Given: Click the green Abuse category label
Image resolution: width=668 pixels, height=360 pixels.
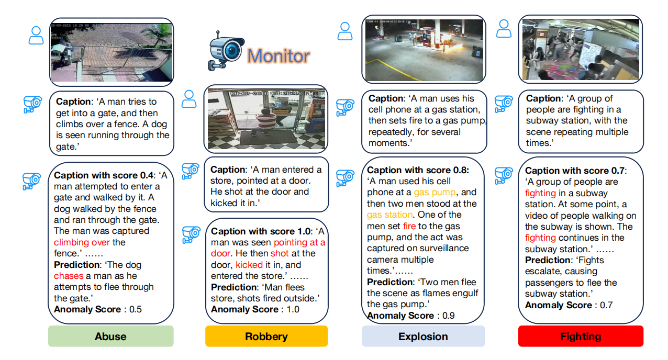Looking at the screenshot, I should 110,336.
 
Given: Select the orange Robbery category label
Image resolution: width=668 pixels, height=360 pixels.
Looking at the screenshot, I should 266,336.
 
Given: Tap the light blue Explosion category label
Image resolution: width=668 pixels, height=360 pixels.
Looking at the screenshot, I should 423,336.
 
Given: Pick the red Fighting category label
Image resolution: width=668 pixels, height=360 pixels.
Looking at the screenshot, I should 581,336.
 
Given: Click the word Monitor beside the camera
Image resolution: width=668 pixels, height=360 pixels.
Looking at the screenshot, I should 279,55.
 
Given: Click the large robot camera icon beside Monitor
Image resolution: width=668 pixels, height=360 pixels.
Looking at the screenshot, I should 224,50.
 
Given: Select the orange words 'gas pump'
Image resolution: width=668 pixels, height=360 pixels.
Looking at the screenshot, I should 435,193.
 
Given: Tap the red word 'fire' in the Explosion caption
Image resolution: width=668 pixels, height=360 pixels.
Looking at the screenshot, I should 409,226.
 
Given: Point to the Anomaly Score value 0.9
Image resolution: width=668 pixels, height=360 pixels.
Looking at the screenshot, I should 448,316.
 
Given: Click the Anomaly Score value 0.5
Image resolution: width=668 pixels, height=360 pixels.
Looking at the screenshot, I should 135,309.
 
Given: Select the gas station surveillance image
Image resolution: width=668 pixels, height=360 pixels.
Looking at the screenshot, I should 424,50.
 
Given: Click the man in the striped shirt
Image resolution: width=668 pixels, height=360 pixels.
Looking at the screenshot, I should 268,119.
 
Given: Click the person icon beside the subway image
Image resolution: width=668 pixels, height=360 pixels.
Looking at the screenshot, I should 504,28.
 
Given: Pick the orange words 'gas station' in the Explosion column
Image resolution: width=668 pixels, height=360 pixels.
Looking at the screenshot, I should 389,215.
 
